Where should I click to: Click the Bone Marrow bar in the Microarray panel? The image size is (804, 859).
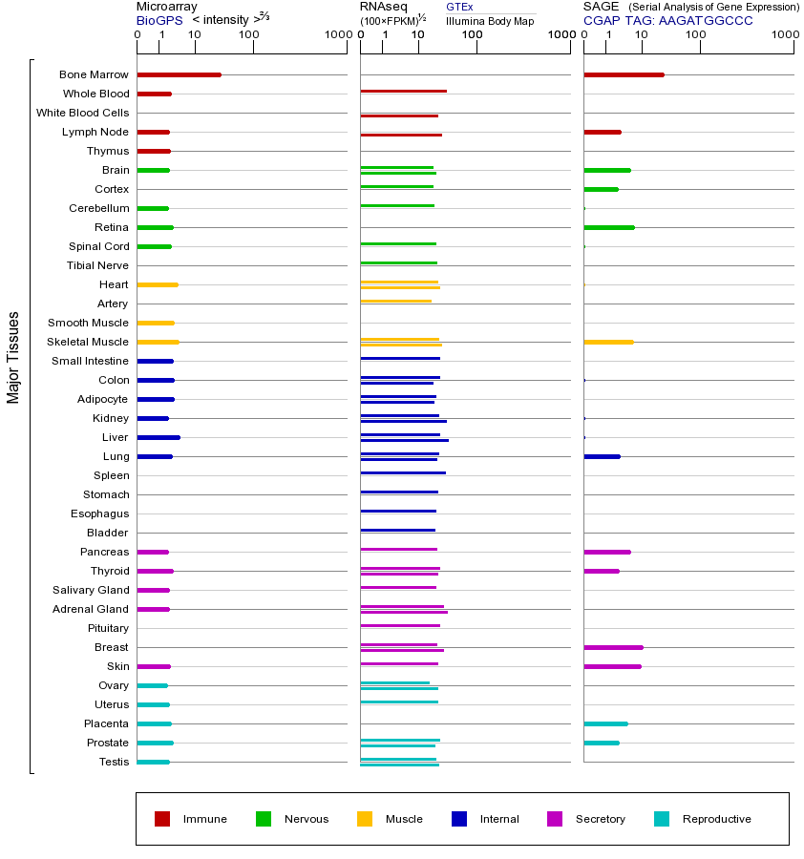coord(179,74)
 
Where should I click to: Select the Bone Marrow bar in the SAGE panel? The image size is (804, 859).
coord(624,74)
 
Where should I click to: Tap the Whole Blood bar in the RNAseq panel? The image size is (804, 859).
coord(403,92)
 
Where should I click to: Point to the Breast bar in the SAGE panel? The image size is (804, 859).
coord(613,647)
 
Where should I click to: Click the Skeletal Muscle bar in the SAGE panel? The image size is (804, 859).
coord(608,342)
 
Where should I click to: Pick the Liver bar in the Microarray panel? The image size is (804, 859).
coord(159,437)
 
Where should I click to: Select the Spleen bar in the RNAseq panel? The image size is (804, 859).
coord(403,472)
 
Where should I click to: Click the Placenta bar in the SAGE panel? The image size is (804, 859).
coord(605,723)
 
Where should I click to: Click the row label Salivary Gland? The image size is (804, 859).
coord(93,590)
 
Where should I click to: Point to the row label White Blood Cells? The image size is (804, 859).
coord(82,113)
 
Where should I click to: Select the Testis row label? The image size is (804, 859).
coord(114,762)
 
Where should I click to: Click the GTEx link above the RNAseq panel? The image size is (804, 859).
coord(459,7)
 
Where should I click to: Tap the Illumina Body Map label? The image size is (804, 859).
coord(490,20)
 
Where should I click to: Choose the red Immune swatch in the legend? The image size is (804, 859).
coord(162,819)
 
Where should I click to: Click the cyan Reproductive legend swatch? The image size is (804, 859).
coord(662,819)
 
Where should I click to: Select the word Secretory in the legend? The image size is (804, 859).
coord(601,819)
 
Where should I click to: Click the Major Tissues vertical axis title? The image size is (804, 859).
coord(13,357)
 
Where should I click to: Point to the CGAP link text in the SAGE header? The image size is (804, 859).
coord(602,20)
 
